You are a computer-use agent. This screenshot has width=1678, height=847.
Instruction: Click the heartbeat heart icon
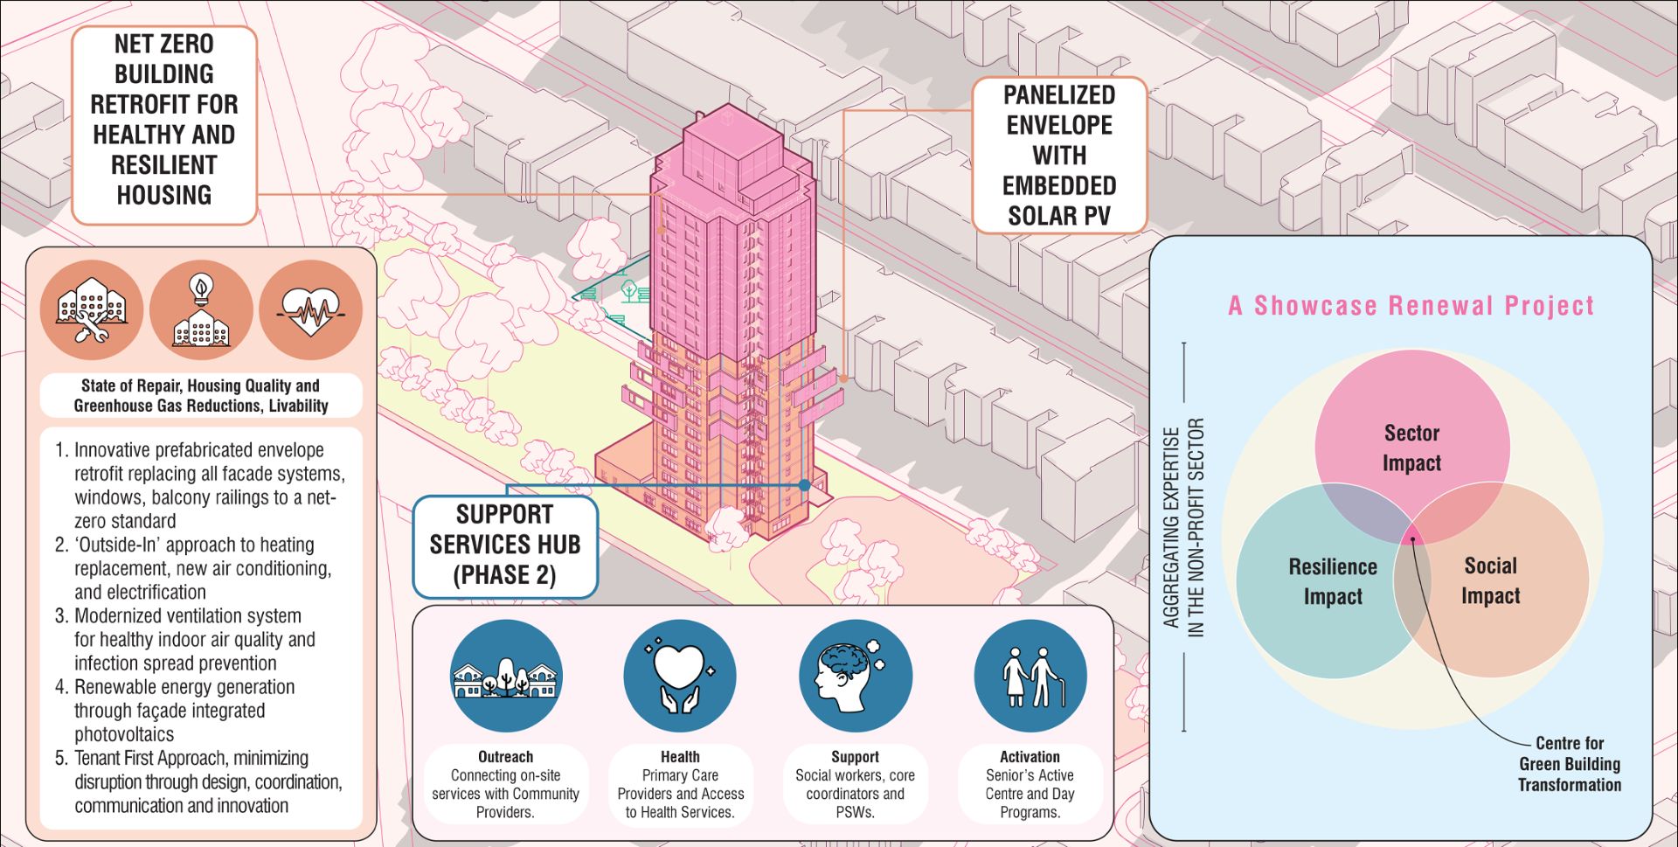tap(310, 309)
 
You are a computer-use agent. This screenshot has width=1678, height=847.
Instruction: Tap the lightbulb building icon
tap(201, 309)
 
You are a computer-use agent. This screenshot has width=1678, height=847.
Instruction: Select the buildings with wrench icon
tap(92, 309)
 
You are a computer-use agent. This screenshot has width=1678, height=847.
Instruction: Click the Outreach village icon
tap(506, 676)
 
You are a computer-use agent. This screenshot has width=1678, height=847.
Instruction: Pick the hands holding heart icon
tap(680, 676)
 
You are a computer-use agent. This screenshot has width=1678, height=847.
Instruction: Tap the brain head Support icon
tap(855, 676)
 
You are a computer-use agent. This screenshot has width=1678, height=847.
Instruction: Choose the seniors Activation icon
tap(1030, 676)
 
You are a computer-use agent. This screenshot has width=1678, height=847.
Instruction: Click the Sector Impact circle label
tap(1411, 448)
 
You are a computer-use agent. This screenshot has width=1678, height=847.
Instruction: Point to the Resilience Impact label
tap(1333, 581)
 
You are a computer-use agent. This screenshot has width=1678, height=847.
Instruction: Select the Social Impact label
tap(1490, 580)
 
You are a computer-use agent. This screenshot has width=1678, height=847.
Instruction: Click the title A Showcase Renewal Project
tap(1411, 306)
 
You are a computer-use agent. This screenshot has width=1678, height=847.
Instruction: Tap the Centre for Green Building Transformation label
tap(1569, 764)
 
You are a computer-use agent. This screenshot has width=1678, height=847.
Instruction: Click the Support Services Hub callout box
tap(505, 545)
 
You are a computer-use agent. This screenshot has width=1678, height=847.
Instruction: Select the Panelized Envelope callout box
tap(1059, 156)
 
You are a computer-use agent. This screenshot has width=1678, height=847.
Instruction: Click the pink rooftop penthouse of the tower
tap(732, 141)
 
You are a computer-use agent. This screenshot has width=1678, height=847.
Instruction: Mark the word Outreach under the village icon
tap(505, 757)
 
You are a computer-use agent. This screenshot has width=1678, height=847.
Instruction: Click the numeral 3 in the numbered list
tap(60, 615)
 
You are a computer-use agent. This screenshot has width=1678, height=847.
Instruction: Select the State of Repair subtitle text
tap(201, 395)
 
